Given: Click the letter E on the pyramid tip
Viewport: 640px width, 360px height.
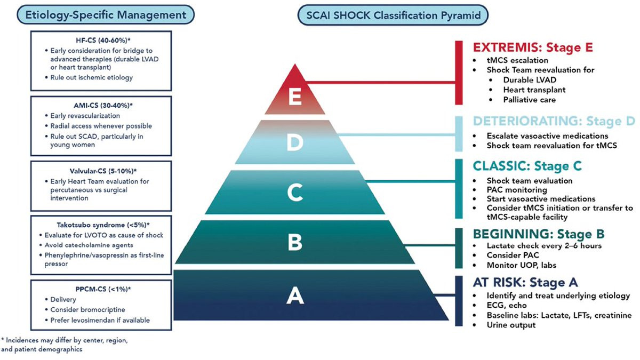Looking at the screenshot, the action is coord(295,97).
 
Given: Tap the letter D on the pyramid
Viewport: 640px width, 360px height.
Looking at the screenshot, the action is coord(295,142).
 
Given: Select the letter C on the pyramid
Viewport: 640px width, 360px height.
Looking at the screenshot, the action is coord(295,193).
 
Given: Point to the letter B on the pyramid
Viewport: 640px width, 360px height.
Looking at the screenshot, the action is coord(295,242).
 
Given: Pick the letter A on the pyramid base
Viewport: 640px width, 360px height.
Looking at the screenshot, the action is coord(295,295).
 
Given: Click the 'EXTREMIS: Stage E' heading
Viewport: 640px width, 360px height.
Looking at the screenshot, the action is coord(533,47).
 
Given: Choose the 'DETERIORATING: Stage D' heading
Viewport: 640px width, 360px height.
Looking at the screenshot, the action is coord(554,121).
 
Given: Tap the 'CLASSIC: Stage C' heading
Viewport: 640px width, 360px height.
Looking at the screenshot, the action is coord(527,166).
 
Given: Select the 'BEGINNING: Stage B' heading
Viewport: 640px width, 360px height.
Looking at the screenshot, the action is coord(539,234).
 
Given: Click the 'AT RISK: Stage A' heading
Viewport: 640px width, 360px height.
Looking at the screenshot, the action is coord(525,283).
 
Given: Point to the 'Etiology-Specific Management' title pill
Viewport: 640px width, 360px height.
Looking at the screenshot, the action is coord(106,15).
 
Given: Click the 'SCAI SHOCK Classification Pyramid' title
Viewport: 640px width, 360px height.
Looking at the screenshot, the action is coord(393,15).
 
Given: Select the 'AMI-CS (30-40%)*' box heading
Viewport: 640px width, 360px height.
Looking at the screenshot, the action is coord(103,106).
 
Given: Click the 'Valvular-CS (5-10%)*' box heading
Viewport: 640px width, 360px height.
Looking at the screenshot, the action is coord(103,171).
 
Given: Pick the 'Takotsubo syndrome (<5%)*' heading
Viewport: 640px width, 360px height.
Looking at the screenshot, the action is coord(103,225).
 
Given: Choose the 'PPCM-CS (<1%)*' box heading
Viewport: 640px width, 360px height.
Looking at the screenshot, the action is coord(103,289).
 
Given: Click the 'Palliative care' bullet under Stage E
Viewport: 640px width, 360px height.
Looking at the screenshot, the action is coord(530,100).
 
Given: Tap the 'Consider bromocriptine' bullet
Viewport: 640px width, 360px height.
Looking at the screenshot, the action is coord(87,310).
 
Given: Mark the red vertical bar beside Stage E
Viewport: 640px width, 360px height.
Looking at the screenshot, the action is coord(459,73).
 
